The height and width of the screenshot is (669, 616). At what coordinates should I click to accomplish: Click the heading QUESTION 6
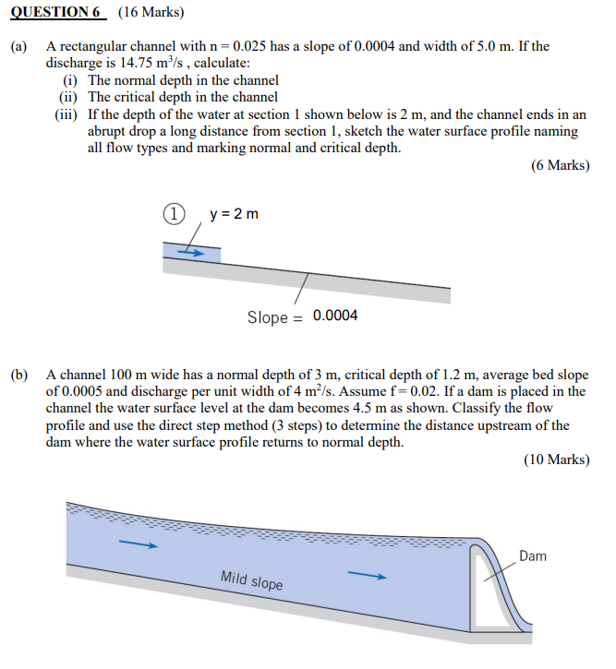pos(56,13)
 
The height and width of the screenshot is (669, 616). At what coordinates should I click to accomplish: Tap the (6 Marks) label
pos(560,166)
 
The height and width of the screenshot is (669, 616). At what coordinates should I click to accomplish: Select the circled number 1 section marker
pos(172,214)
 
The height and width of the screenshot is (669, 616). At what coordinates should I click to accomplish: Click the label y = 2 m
pos(234,214)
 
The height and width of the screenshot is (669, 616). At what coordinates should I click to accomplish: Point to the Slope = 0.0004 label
pos(302,317)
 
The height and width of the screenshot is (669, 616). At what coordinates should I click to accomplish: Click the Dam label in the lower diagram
pos(533,556)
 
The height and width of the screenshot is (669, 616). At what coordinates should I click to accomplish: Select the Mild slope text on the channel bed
pos(251,581)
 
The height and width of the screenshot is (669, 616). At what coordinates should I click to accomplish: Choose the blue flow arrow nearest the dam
pos(367,577)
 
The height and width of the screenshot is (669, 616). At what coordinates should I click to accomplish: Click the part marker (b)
pos(19,376)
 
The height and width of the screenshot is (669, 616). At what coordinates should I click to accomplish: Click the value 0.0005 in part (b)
pos(83,392)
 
